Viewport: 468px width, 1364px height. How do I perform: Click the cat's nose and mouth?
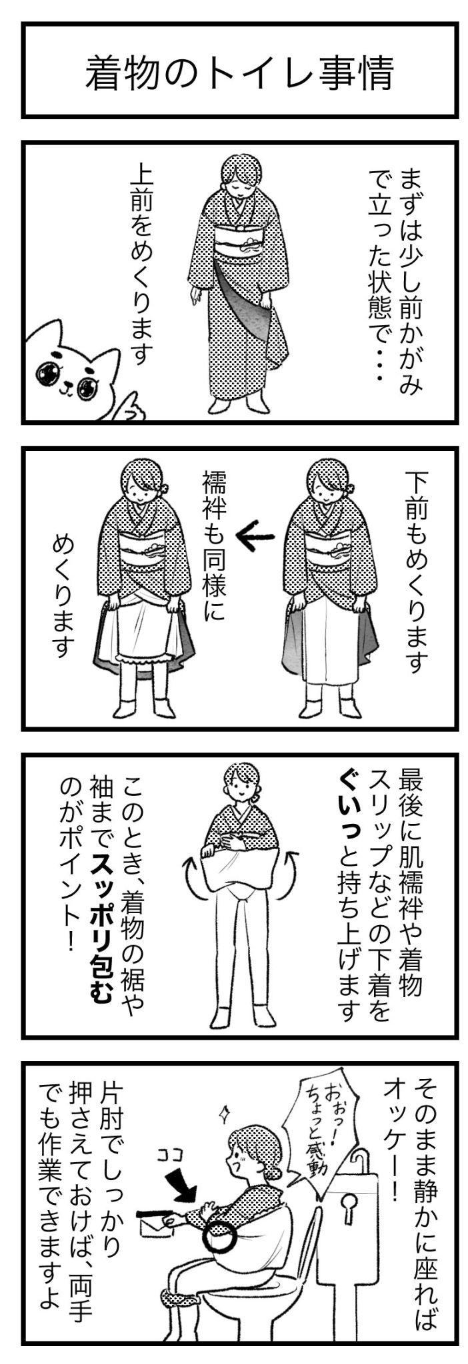pyautogui.click(x=67, y=384)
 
